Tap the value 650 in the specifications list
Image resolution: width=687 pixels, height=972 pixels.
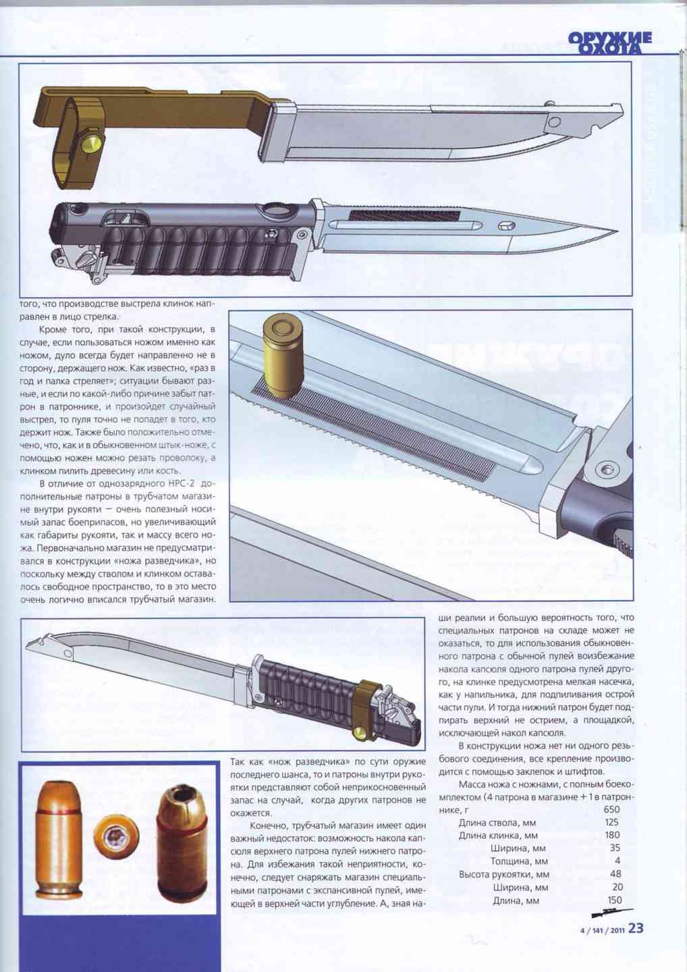(611, 809)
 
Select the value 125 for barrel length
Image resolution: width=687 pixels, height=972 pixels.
(611, 822)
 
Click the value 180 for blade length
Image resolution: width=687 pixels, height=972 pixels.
(612, 835)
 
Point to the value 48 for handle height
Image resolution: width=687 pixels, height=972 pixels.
(615, 873)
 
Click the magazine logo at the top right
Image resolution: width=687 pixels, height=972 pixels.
(610, 43)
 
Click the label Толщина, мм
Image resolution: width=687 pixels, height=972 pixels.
(519, 861)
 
